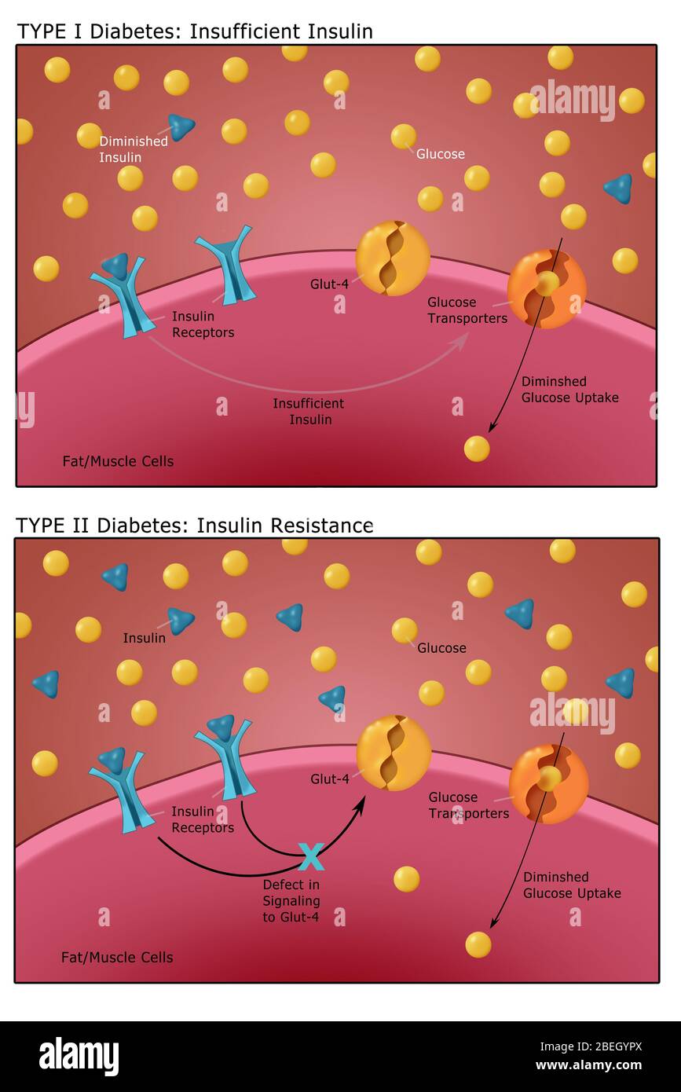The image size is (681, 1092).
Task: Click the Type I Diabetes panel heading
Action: (195, 31)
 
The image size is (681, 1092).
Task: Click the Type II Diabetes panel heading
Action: (195, 525)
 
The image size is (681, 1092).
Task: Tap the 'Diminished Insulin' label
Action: (133, 149)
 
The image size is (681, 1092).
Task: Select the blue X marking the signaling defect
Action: (312, 857)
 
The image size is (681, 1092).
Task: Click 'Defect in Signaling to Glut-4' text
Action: (291, 900)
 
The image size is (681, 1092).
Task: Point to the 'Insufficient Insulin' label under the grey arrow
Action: (308, 411)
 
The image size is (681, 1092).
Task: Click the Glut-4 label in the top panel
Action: (329, 284)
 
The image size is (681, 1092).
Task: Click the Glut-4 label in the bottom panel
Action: (329, 779)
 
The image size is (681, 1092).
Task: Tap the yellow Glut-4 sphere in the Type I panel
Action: (392, 258)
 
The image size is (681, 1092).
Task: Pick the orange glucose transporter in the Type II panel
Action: (548, 783)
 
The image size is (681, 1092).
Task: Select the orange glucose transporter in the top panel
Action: (547, 288)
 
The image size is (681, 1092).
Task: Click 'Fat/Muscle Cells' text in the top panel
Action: (118, 461)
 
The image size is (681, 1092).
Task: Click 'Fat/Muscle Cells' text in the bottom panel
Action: (117, 957)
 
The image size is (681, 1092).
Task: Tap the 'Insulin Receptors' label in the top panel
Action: (203, 324)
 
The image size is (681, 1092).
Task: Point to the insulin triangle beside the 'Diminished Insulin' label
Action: (181, 126)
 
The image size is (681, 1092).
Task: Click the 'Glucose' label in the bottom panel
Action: (441, 648)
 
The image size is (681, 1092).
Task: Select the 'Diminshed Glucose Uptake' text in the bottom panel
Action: (572, 885)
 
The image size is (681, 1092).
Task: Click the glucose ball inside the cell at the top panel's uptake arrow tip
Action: (477, 449)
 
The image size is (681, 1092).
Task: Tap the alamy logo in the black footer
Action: (79, 1056)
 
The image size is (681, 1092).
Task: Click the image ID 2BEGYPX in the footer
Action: (591, 1046)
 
